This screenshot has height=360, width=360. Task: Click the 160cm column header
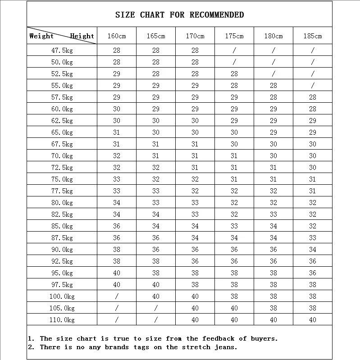[x=117, y=36]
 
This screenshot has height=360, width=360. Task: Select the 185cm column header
[x=313, y=36]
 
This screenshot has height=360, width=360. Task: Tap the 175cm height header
[x=234, y=36]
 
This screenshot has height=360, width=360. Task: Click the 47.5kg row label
[x=62, y=50]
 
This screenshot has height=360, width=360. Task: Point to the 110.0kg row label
[x=62, y=320]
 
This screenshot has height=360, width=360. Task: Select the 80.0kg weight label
[x=62, y=203]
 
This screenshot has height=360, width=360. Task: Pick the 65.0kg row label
[x=62, y=132]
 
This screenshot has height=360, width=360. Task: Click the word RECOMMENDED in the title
[x=217, y=15]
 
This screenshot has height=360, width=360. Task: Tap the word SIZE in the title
[x=125, y=15]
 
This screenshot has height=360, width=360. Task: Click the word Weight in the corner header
[x=41, y=36]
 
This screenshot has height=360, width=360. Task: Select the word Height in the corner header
[x=82, y=36]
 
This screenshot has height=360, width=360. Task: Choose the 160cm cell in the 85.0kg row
[x=117, y=226]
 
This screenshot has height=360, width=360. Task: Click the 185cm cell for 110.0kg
[x=313, y=320]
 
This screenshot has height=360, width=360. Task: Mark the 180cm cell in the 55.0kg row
[x=273, y=86]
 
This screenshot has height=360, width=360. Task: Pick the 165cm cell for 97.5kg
[x=156, y=285]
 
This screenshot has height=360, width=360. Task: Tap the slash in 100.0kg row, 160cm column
[x=117, y=296]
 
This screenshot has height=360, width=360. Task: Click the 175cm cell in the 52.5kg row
[x=234, y=74]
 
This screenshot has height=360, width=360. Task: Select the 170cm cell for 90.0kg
[x=195, y=250]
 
